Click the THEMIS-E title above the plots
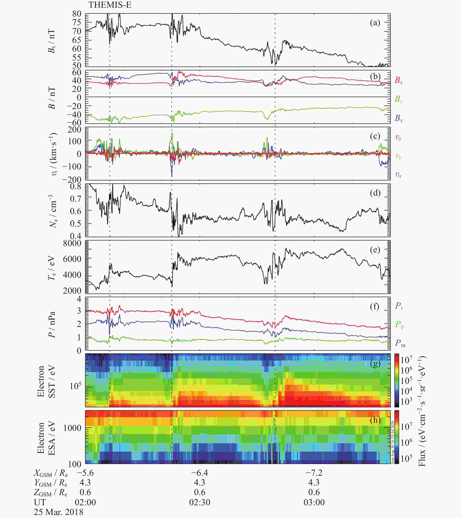[110, 5]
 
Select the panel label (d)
[375, 193]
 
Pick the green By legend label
[399, 99]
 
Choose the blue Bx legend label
[399, 118]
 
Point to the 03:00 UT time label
[314, 502]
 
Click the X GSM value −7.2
[314, 473]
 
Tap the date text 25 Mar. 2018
[59, 512]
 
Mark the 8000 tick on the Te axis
[72, 243]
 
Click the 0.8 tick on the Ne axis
[76, 186]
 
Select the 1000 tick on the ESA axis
[72, 428]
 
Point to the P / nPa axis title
[52, 325]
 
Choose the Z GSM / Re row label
[51, 492]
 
